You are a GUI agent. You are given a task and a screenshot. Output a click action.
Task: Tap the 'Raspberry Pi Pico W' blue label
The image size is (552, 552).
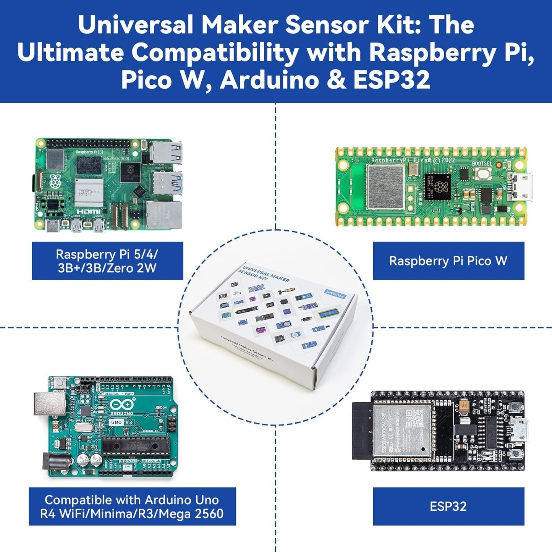(448, 261)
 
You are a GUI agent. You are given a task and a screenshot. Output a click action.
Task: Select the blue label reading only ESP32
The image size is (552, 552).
(448, 506)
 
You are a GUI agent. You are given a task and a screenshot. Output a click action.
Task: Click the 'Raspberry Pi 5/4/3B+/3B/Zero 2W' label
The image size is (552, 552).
(107, 261)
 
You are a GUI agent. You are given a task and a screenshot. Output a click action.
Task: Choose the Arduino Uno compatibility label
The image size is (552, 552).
(132, 507)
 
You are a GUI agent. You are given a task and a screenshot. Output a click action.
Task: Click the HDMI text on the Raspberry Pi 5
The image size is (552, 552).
(89, 211)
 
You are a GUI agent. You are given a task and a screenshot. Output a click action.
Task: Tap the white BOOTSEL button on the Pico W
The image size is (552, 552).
(483, 175)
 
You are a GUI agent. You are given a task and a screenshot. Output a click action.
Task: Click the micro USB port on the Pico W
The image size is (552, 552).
(521, 187)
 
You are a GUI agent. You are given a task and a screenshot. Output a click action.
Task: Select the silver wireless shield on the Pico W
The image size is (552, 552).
(385, 187)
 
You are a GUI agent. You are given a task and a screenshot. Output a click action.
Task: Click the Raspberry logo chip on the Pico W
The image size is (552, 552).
(437, 187)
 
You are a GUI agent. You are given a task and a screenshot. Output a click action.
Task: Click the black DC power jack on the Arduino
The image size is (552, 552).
(53, 464)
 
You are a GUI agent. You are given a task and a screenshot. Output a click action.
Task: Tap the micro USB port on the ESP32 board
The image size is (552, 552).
(520, 429)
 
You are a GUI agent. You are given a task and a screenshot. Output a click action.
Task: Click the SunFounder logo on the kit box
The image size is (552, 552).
(335, 294)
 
